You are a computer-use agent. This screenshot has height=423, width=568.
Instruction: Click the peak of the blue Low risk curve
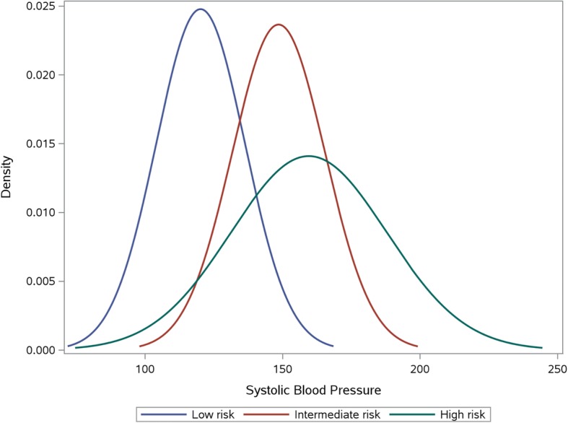[200, 9]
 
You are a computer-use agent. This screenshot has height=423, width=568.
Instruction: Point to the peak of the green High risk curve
[309, 156]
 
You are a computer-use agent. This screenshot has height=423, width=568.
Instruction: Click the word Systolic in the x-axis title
[266, 391]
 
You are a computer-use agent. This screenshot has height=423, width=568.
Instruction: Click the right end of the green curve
[541, 348]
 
